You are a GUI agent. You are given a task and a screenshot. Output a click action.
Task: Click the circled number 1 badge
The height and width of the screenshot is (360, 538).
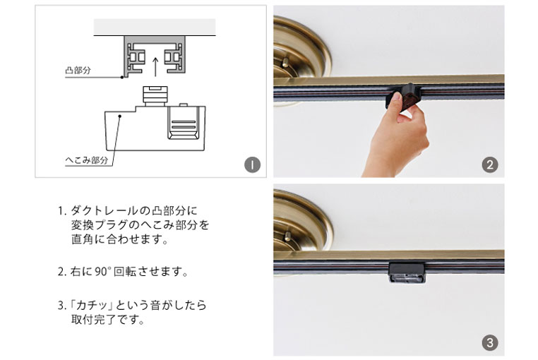(252, 164)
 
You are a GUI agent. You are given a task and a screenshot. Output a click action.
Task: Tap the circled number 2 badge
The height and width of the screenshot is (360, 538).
(489, 164)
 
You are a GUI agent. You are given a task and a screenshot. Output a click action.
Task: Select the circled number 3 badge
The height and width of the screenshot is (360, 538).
(489, 342)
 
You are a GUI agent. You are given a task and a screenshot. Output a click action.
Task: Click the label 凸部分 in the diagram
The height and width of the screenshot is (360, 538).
(78, 71)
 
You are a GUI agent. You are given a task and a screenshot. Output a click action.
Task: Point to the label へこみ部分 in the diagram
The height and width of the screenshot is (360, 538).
(86, 160)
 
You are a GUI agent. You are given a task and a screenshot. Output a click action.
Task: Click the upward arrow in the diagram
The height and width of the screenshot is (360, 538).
(155, 66)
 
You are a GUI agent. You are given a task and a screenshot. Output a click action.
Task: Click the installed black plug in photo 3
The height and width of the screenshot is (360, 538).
(407, 272)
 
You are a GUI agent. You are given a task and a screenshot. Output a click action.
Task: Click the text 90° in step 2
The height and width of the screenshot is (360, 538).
(102, 272)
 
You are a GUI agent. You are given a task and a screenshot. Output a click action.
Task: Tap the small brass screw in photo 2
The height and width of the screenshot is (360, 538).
(285, 62)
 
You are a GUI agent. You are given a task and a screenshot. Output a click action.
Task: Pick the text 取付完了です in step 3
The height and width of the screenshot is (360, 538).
(107, 320)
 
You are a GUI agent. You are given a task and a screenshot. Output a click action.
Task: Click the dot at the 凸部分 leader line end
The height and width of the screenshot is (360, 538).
(122, 77)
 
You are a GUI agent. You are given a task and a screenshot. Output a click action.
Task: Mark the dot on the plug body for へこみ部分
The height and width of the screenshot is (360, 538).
(120, 116)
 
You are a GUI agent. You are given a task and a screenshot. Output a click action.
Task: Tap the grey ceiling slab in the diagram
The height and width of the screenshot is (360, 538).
(155, 27)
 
